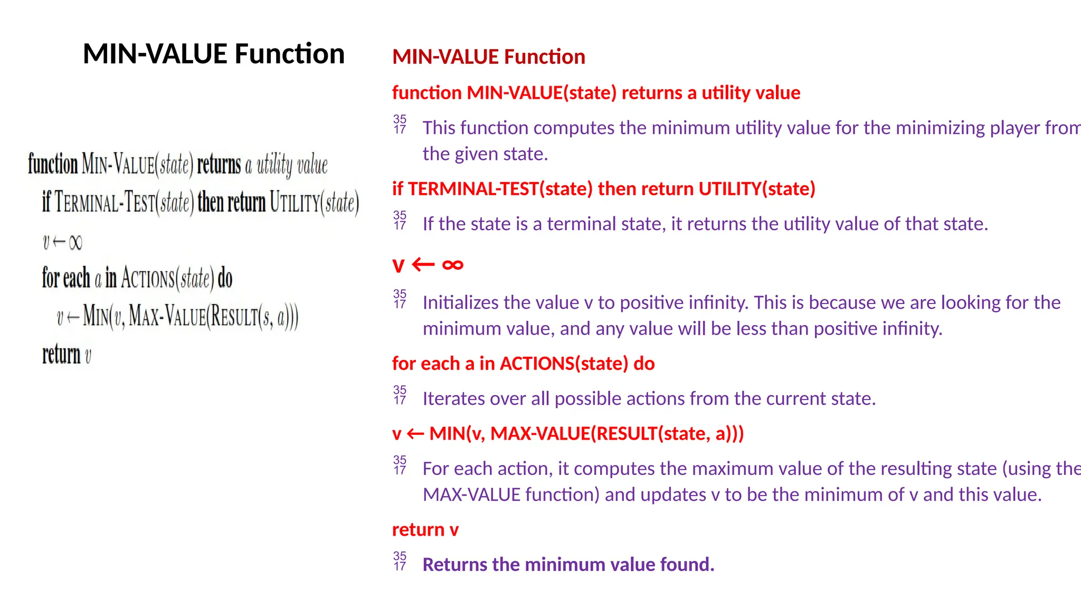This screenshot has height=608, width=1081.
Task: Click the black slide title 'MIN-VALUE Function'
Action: pyautogui.click(x=214, y=54)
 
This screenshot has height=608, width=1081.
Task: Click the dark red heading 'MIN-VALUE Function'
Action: pyautogui.click(x=489, y=57)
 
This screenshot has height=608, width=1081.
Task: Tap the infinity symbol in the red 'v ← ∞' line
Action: pyautogui.click(x=452, y=264)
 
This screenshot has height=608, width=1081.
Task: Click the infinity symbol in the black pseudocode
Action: pyautogui.click(x=75, y=243)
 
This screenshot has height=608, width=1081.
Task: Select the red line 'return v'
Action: pyautogui.click(x=425, y=529)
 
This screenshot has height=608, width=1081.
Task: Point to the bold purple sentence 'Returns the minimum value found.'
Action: pyautogui.click(x=568, y=565)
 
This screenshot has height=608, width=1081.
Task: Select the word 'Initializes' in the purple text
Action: pyautogui.click(x=464, y=303)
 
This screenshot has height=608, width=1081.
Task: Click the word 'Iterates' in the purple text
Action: pyautogui.click(x=454, y=399)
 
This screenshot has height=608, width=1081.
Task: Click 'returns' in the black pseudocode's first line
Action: pyautogui.click(x=219, y=165)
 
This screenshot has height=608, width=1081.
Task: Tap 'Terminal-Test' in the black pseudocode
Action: pyautogui.click(x=105, y=203)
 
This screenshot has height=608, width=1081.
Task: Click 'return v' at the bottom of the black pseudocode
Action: pyautogui.click(x=67, y=355)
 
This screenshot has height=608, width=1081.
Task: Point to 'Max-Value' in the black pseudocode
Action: pyautogui.click(x=167, y=317)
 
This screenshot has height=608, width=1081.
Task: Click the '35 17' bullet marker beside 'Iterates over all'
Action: pyautogui.click(x=400, y=395)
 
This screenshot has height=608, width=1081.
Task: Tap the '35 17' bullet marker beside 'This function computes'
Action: pyautogui.click(x=400, y=124)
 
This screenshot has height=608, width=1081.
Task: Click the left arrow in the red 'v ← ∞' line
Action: pyautogui.click(x=423, y=264)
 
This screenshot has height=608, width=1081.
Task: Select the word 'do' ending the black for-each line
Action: pyautogui.click(x=225, y=278)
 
